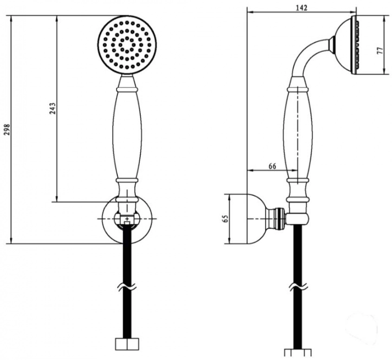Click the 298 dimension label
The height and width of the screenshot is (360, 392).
point(7,129)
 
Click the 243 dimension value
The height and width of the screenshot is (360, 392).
point(52,108)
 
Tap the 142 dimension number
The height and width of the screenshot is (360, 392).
point(301,8)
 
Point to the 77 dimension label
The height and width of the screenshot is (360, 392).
point(380,50)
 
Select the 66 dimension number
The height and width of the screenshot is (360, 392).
point(272,166)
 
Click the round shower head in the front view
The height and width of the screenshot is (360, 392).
point(127,45)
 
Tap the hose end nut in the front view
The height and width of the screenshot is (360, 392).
point(127,344)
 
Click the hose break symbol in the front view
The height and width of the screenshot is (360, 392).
point(127,287)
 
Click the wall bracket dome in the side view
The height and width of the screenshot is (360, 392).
point(257,219)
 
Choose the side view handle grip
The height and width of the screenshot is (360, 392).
point(298,134)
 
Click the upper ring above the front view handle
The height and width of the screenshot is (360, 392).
point(127,90)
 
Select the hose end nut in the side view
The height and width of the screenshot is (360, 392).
point(298,353)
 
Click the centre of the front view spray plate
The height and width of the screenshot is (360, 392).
point(127,45)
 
